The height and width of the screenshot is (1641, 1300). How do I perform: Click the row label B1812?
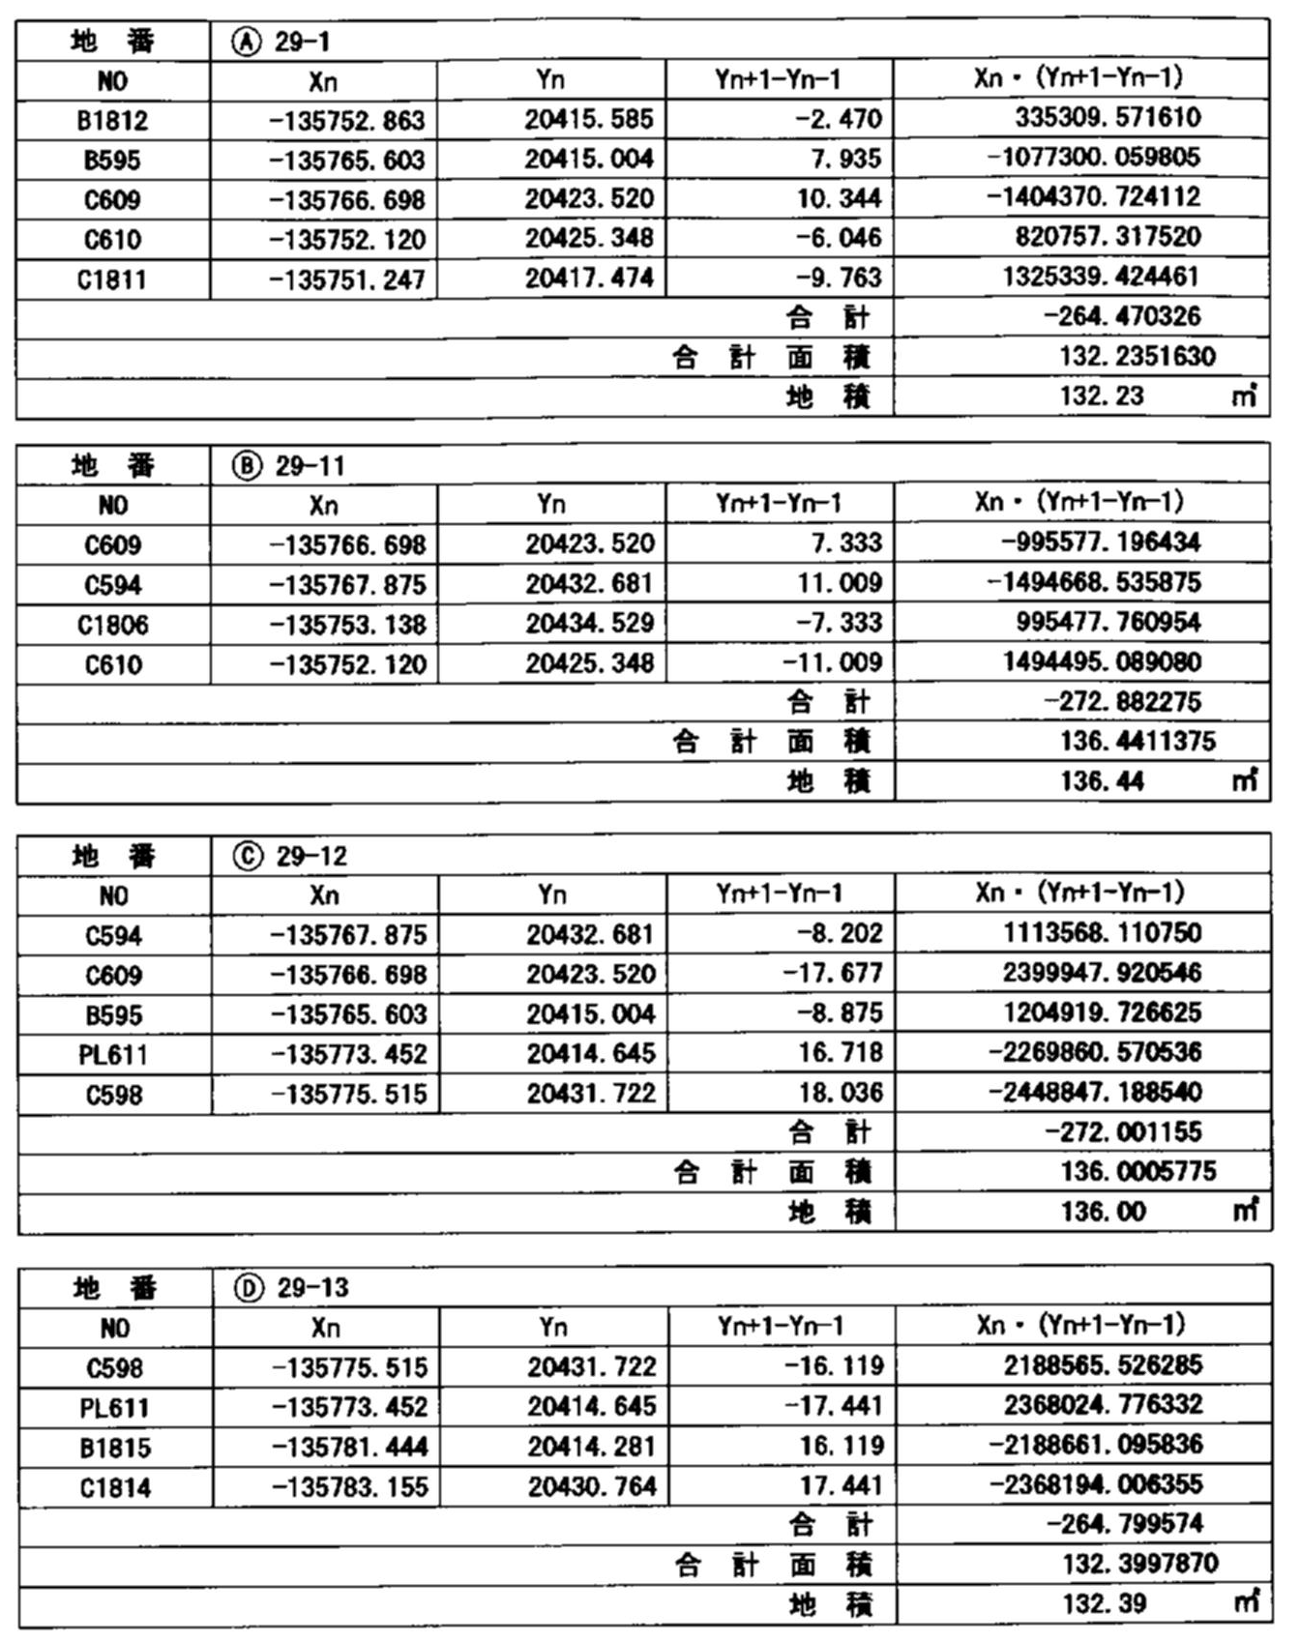pyautogui.click(x=112, y=121)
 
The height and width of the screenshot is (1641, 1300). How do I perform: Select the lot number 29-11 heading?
pyautogui.click(x=310, y=466)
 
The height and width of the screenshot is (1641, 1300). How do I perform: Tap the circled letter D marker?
pyautogui.click(x=249, y=1288)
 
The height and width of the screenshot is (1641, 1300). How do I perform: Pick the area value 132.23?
pyautogui.click(x=1102, y=396)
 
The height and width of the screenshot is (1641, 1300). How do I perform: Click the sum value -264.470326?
pyautogui.click(x=1122, y=317)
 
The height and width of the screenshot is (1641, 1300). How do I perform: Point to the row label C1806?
pyautogui.click(x=113, y=625)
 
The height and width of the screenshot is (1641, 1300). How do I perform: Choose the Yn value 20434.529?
pyautogui.click(x=590, y=624)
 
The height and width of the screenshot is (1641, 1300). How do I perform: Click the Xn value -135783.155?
pyautogui.click(x=350, y=1486)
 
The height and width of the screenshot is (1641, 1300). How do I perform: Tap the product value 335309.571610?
pyautogui.click(x=1108, y=118)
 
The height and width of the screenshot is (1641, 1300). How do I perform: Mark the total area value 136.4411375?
pyautogui.click(x=1137, y=742)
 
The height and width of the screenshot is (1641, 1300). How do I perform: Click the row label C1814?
pyautogui.click(x=115, y=1487)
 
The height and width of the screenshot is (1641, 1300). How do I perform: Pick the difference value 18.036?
pyautogui.click(x=841, y=1093)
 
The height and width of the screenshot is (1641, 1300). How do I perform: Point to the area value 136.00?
pyautogui.click(x=1103, y=1212)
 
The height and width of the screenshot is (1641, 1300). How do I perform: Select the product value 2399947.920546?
pyautogui.click(x=1102, y=973)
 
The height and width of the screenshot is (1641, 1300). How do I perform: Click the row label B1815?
pyautogui.click(x=115, y=1448)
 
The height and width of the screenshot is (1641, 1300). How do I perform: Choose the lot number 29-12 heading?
pyautogui.click(x=311, y=857)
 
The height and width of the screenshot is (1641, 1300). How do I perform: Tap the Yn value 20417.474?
pyautogui.click(x=589, y=278)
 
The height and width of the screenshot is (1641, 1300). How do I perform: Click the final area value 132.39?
pyautogui.click(x=1105, y=1604)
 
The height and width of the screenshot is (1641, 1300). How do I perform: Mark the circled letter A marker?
pyautogui.click(x=247, y=42)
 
